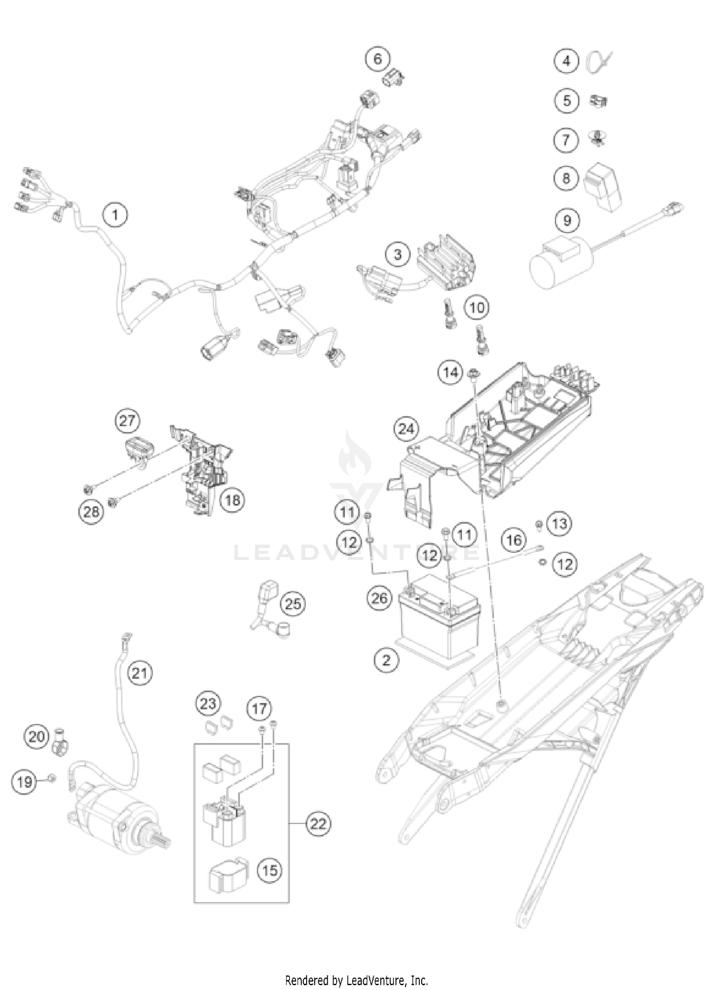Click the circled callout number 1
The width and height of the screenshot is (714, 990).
115,215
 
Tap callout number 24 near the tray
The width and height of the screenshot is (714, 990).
406,429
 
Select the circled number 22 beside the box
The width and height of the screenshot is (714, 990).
318,823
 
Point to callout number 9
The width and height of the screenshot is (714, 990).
566,220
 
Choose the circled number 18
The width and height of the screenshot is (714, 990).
233,500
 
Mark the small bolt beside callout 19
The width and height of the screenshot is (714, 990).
53,778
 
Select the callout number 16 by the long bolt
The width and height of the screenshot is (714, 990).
514,540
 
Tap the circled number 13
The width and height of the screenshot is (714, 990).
559,524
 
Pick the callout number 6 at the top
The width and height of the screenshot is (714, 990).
377,59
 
